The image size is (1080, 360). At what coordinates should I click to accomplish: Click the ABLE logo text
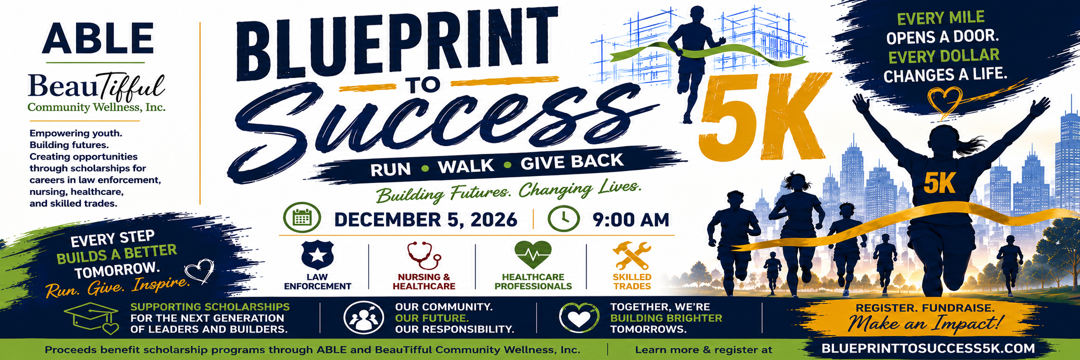coord(98,38)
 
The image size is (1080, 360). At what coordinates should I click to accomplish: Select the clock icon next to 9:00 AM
coord(563,218)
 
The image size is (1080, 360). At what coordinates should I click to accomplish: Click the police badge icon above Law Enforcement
coord(317,256)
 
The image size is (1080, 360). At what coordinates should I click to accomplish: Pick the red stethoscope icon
coord(424,256)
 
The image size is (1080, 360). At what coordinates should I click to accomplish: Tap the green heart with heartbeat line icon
coord(533,255)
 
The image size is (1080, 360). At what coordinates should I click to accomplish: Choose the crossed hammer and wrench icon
coord(631,256)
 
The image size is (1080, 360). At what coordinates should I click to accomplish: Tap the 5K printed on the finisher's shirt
coord(940,183)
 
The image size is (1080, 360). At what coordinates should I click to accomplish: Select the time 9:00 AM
coord(631,220)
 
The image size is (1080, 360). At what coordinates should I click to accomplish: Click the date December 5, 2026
coord(426,220)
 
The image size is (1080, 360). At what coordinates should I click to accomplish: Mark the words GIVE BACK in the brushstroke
coord(572,162)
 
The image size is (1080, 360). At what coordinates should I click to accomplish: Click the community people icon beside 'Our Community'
coord(363,318)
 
